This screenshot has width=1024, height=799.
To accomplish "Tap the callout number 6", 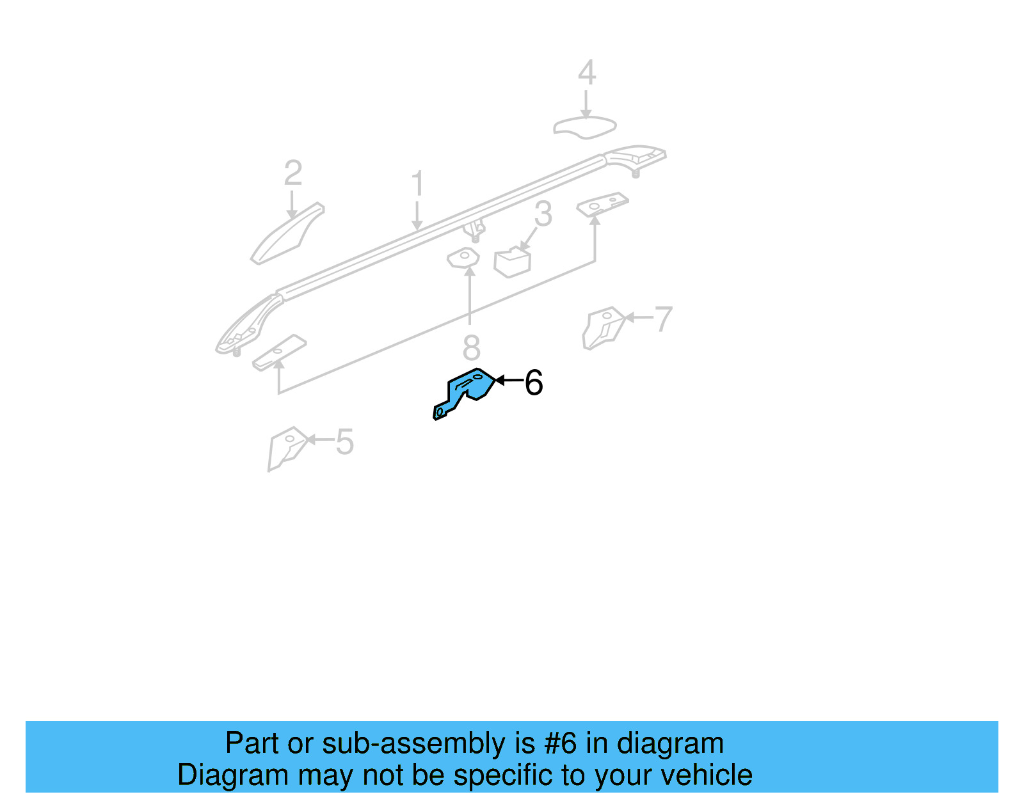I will [534, 383].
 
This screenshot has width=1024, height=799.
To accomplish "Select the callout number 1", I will [417, 184].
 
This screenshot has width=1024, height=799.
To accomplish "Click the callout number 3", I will [543, 214].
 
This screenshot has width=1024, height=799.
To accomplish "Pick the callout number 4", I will [586, 72].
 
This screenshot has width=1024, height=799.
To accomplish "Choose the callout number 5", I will [344, 442].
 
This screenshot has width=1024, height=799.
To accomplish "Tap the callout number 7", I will [664, 319].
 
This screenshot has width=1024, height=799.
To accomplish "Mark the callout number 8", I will [471, 348].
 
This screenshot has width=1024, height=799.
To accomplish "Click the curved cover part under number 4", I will [584, 127].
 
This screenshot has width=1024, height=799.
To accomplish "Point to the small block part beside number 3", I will [513, 262].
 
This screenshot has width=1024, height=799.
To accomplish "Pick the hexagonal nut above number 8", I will [463, 258].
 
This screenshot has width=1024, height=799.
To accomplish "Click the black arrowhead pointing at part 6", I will [500, 380].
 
